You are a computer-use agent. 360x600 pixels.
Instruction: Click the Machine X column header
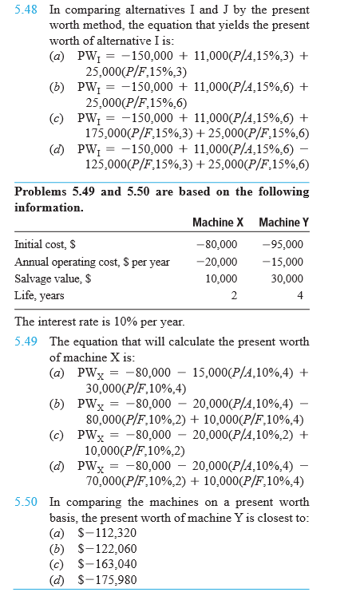(x=215, y=222)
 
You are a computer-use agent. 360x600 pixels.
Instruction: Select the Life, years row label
(x=39, y=296)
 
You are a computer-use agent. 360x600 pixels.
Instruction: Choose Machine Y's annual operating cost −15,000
(x=283, y=262)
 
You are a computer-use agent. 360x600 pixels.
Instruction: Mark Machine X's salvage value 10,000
(x=221, y=278)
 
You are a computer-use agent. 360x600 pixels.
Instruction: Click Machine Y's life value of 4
(x=299, y=296)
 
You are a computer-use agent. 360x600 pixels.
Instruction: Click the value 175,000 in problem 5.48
(x=108, y=133)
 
